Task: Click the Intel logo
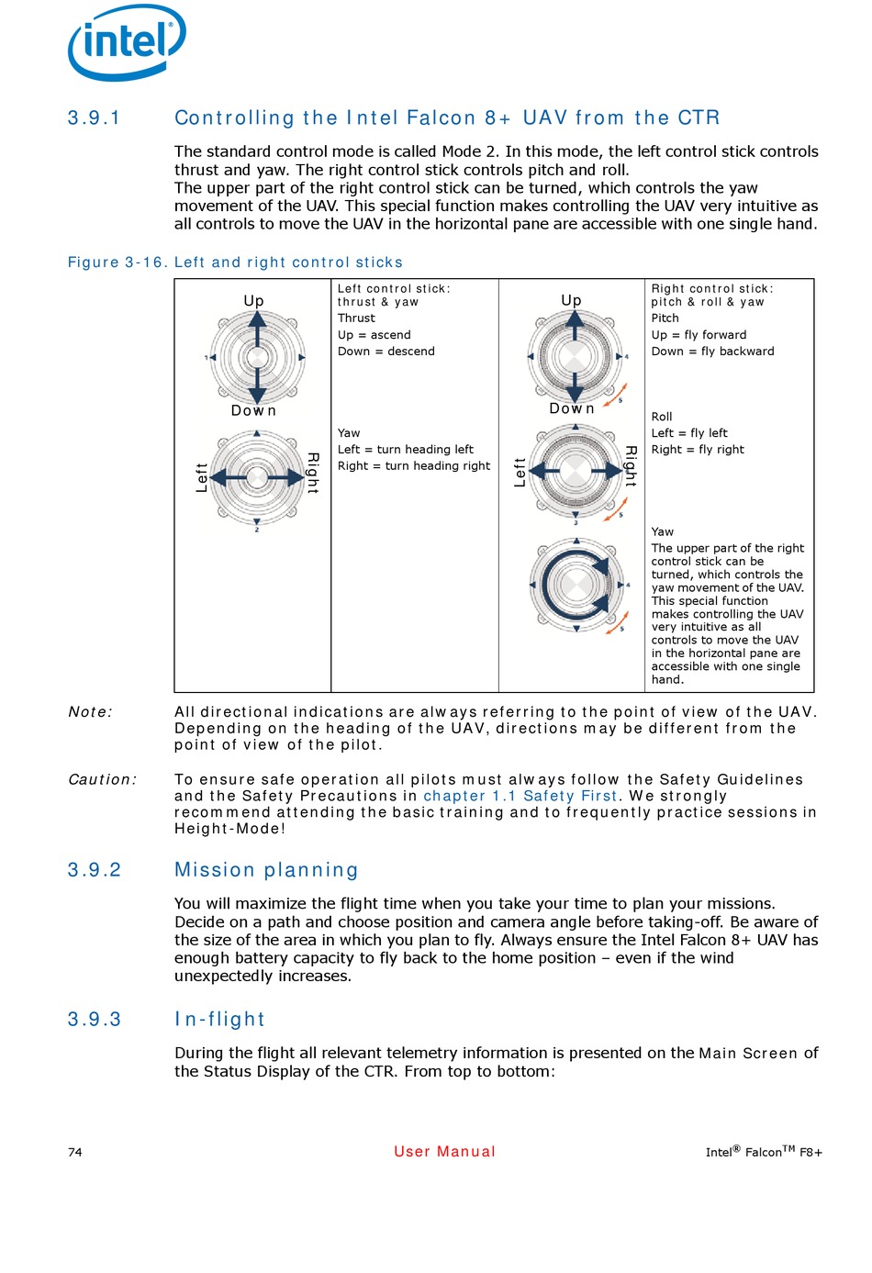(127, 42)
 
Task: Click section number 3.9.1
(94, 118)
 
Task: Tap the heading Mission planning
(266, 870)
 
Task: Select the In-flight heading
(219, 1020)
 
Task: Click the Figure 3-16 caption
(235, 262)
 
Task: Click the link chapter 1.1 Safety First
(520, 796)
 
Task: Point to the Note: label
(90, 712)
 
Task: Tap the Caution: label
(102, 779)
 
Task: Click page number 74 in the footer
(75, 1153)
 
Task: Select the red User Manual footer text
(444, 1152)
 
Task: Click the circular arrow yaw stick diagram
(576, 585)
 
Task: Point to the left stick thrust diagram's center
(257, 357)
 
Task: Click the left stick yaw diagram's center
(257, 476)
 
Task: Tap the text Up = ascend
(374, 335)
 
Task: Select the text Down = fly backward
(712, 352)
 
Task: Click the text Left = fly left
(688, 433)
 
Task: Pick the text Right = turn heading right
(413, 466)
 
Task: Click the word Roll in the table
(662, 417)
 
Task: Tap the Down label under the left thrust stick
(253, 411)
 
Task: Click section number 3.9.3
(94, 1020)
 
